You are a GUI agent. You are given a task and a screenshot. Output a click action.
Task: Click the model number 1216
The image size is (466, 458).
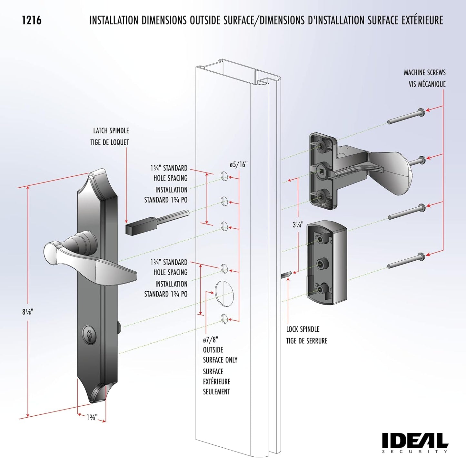click(32, 20)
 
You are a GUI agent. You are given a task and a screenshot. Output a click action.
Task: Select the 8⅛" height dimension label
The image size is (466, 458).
click(28, 312)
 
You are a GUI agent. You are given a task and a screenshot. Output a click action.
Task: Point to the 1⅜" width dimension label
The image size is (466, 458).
click(92, 417)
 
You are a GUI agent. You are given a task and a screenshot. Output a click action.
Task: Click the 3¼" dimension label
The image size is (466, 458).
click(298, 225)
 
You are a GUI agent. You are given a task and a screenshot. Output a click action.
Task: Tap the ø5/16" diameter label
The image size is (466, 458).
click(238, 165)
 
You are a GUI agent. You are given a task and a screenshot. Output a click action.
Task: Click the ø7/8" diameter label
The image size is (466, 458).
click(211, 340)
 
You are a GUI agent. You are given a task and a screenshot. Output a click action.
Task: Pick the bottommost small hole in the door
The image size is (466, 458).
click(224, 318)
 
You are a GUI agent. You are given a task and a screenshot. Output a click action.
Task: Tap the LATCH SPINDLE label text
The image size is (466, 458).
click(111, 131)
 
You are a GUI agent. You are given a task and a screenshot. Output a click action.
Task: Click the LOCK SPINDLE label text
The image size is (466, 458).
click(302, 329)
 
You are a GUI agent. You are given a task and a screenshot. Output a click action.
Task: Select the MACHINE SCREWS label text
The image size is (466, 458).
click(424, 73)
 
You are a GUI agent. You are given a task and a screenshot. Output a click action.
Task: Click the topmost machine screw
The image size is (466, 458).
click(406, 117)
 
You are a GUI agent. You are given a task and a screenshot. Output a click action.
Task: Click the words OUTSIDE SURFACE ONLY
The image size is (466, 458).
click(220, 355)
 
